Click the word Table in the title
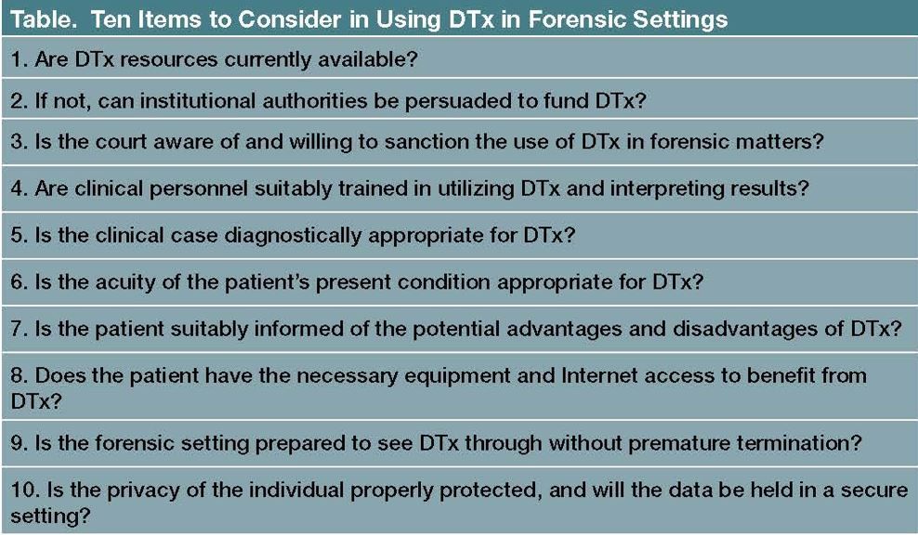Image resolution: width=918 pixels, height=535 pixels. pos(38,19)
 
